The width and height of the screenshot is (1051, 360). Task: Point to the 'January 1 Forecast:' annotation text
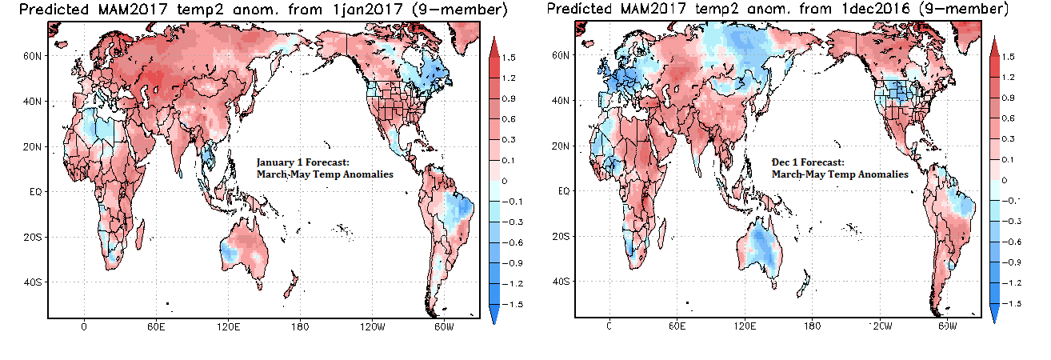[303, 162]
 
